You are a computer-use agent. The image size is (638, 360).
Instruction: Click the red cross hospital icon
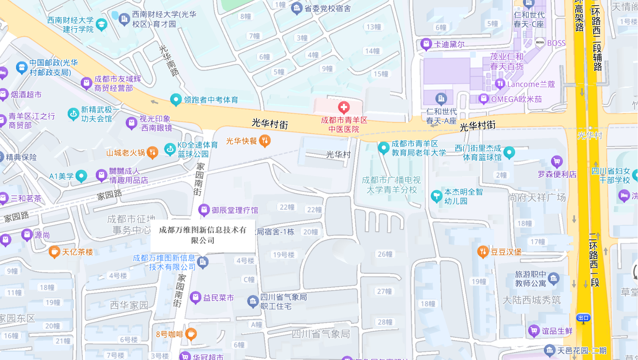[x=344, y=108]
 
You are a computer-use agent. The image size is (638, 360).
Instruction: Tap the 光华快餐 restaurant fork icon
[x=264, y=140]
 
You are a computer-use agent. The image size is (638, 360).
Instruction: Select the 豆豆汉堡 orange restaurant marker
[x=483, y=251]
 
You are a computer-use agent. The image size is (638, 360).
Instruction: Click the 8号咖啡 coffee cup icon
[x=191, y=333]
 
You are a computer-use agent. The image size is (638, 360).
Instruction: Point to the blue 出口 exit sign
[x=583, y=317]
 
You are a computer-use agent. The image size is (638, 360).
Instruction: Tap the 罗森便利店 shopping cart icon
[x=557, y=161]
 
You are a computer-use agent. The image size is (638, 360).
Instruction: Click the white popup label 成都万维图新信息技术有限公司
[x=203, y=235]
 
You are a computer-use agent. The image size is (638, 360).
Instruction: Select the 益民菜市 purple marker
[x=195, y=297]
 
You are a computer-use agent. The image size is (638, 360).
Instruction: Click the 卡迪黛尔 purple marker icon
[x=426, y=44]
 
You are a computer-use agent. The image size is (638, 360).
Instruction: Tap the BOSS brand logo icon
[x=540, y=42]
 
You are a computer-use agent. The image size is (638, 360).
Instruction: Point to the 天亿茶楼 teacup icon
[x=54, y=252]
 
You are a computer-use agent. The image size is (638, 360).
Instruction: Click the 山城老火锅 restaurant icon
[x=152, y=152]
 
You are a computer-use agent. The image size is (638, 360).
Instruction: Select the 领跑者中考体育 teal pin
[x=176, y=99]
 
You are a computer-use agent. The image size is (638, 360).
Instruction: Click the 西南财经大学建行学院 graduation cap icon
[x=101, y=24]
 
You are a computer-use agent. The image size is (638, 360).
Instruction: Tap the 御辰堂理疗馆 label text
[x=235, y=210]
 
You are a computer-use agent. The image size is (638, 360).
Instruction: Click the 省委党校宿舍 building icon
[x=297, y=8]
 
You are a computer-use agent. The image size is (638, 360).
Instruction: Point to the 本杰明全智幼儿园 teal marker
[x=436, y=196]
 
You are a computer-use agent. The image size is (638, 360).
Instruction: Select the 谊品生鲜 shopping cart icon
[x=534, y=330]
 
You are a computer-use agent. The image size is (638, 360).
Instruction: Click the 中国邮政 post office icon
[x=22, y=67]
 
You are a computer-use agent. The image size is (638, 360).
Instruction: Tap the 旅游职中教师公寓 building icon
[x=554, y=278]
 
